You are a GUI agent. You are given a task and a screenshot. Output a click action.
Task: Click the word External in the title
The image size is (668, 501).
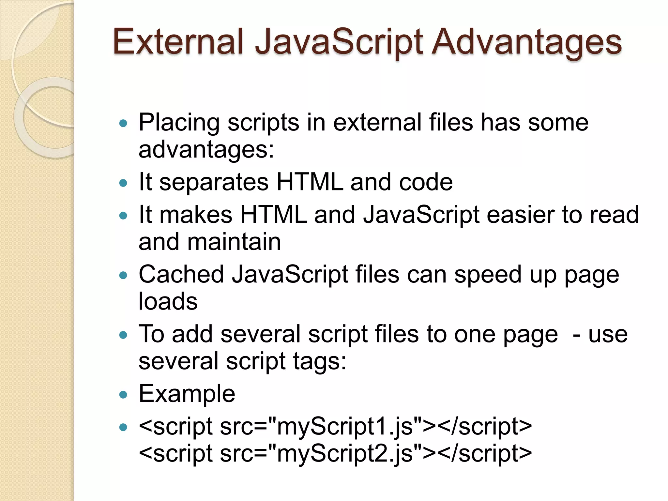click(178, 42)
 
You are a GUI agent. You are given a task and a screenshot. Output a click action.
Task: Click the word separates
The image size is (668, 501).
click(214, 182)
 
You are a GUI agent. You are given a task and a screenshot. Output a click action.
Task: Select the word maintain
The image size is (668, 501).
click(234, 242)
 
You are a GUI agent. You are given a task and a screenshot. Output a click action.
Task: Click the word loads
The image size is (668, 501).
click(168, 301)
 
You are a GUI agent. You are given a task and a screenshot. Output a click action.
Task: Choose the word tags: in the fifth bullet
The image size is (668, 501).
click(319, 362)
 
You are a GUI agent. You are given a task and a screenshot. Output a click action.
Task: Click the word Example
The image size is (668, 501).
click(187, 394)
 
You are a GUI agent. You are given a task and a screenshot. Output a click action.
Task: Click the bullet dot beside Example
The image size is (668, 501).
click(123, 395)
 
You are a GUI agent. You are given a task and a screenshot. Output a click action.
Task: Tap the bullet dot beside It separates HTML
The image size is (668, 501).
click(123, 183)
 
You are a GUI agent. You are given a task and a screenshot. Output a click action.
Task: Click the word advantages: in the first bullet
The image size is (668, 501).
click(206, 150)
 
